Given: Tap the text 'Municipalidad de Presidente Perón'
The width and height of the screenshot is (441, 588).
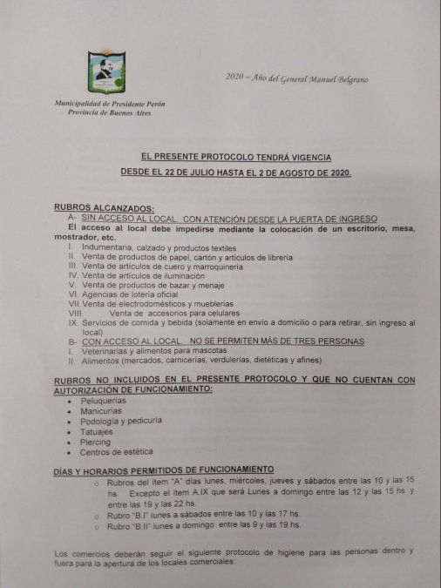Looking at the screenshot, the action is click(x=109, y=104).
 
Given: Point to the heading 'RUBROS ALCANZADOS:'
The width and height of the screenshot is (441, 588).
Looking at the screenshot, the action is click(x=103, y=207).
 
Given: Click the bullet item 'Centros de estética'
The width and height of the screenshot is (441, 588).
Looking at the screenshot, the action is click(x=116, y=452).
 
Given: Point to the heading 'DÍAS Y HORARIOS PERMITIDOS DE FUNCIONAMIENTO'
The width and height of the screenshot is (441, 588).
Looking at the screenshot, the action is click(x=164, y=470).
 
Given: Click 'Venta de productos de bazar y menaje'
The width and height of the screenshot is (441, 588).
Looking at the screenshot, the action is click(x=151, y=285).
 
